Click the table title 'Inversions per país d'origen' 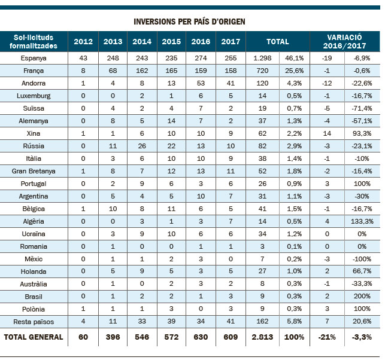tap(189, 22)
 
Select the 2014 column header tap(142, 41)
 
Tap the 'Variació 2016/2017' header tap(344, 41)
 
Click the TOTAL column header tap(278, 41)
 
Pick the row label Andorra tap(34, 83)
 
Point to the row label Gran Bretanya tap(34, 171)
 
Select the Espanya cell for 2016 tap(201, 58)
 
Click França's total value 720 tap(262, 71)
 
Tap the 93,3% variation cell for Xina tap(362, 133)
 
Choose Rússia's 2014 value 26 tap(142, 146)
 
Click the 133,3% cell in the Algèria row tap(362, 221)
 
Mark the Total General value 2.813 tap(262, 337)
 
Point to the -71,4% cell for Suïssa tap(362, 108)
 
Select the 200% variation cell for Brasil tap(362, 296)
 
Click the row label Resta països tap(34, 322)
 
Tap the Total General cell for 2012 tap(83, 337)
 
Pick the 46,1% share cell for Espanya tap(294, 58)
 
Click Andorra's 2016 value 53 tap(201, 83)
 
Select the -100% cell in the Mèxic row tap(362, 259)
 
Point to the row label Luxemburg tap(34, 96)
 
